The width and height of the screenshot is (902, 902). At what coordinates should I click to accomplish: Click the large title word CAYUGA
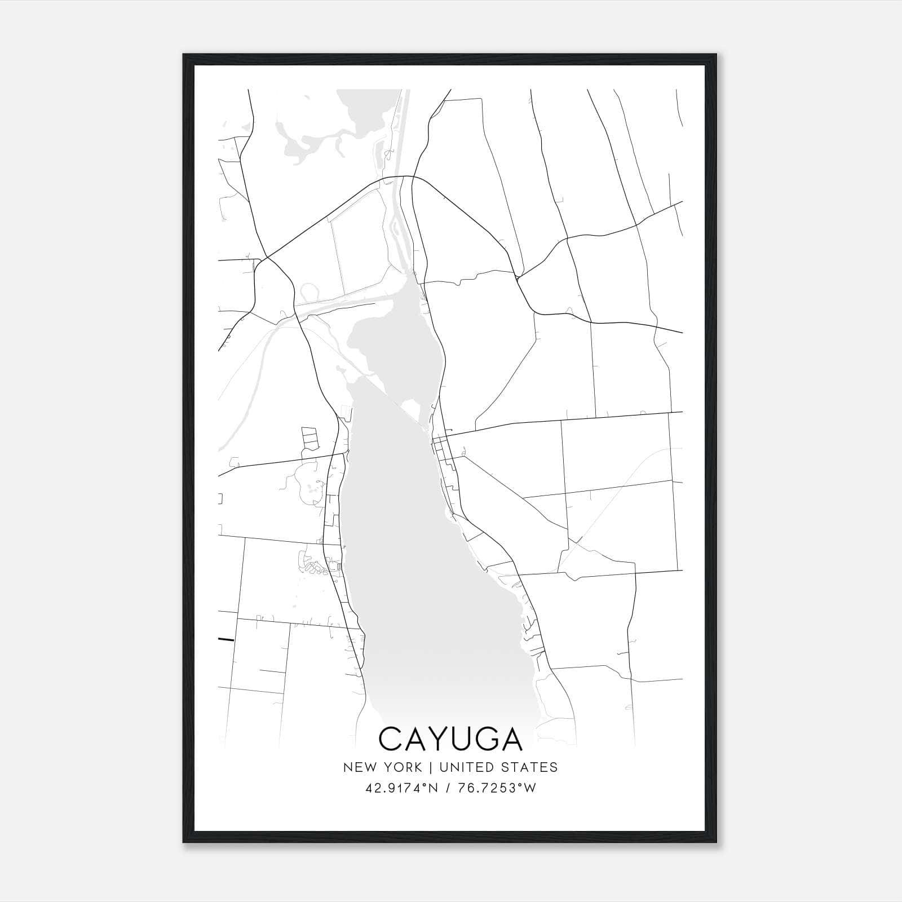[450, 739]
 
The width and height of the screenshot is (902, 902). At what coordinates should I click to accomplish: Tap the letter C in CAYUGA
[390, 739]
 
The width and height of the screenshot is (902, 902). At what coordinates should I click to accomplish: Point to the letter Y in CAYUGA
[440, 739]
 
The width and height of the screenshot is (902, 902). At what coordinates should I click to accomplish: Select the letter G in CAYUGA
[487, 739]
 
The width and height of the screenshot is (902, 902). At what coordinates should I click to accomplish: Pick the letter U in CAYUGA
[463, 739]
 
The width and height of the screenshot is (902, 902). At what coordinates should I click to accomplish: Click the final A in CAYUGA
[511, 739]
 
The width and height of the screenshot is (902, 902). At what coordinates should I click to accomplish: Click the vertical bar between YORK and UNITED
[431, 767]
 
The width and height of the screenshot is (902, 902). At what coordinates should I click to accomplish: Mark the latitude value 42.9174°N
[401, 788]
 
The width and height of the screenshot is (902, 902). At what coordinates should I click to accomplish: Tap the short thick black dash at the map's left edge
[225, 639]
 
